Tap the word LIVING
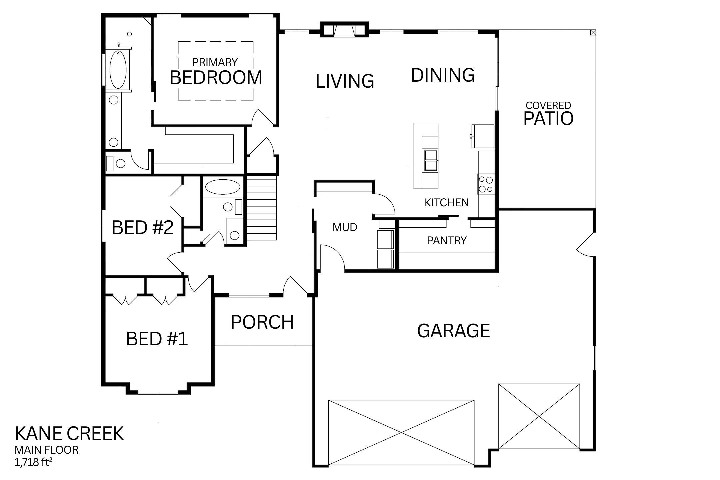coord(345,81)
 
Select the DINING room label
coord(443,75)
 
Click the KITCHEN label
coord(446,203)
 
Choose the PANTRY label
coord(447,241)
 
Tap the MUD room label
coord(345,227)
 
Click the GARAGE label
coord(453,331)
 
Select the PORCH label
coord(262,322)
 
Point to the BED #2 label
coord(142,228)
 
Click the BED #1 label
coord(157,339)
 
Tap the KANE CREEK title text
coord(69,434)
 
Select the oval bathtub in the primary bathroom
coord(118,69)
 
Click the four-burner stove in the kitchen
coord(486,184)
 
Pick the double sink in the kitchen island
coord(430,160)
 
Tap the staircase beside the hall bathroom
coord(262,208)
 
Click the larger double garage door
coord(401,432)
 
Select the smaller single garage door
coord(539,416)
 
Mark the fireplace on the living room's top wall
coord(344,29)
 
